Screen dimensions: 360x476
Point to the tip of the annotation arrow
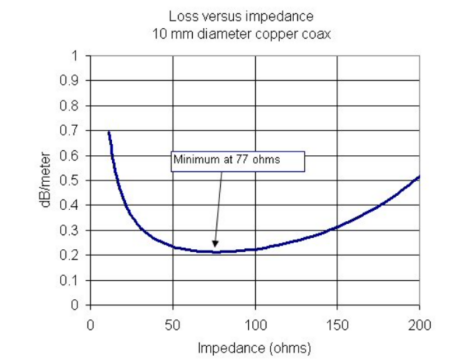click(213, 249)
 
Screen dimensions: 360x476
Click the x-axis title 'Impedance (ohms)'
click(255, 346)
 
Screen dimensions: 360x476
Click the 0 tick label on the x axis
click(91, 324)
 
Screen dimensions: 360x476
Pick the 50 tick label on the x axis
click(173, 324)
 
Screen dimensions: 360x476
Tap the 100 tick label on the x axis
click(255, 324)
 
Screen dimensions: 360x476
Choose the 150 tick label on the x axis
click(337, 324)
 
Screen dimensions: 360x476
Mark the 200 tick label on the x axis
click(419, 324)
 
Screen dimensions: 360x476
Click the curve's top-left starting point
click(108, 132)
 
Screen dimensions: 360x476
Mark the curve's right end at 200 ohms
click(419, 177)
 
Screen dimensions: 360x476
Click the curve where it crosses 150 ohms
click(337, 228)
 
